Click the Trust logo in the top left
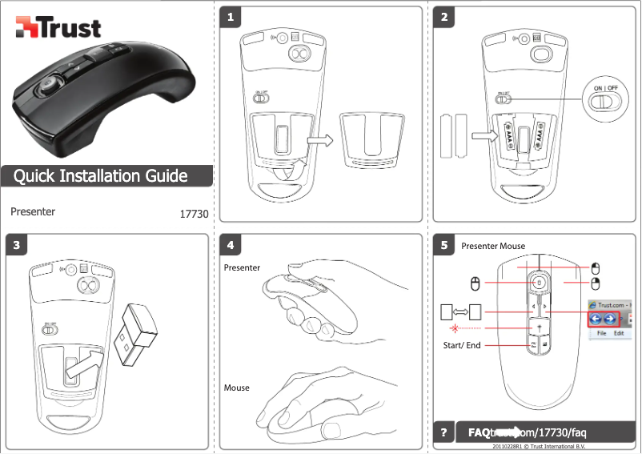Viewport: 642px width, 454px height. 58,29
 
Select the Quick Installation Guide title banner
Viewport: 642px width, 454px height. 101,176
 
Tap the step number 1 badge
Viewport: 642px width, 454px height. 231,17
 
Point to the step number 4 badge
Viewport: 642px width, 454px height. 231,245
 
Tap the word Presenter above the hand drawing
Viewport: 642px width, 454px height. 242,267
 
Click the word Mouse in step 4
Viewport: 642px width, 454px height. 237,388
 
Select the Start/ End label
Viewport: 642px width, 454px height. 462,346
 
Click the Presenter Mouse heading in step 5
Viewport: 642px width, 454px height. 493,246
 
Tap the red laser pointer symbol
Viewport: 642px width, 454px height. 454,328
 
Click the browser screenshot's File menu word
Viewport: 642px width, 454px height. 600,331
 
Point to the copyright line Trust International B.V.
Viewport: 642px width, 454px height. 538,446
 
